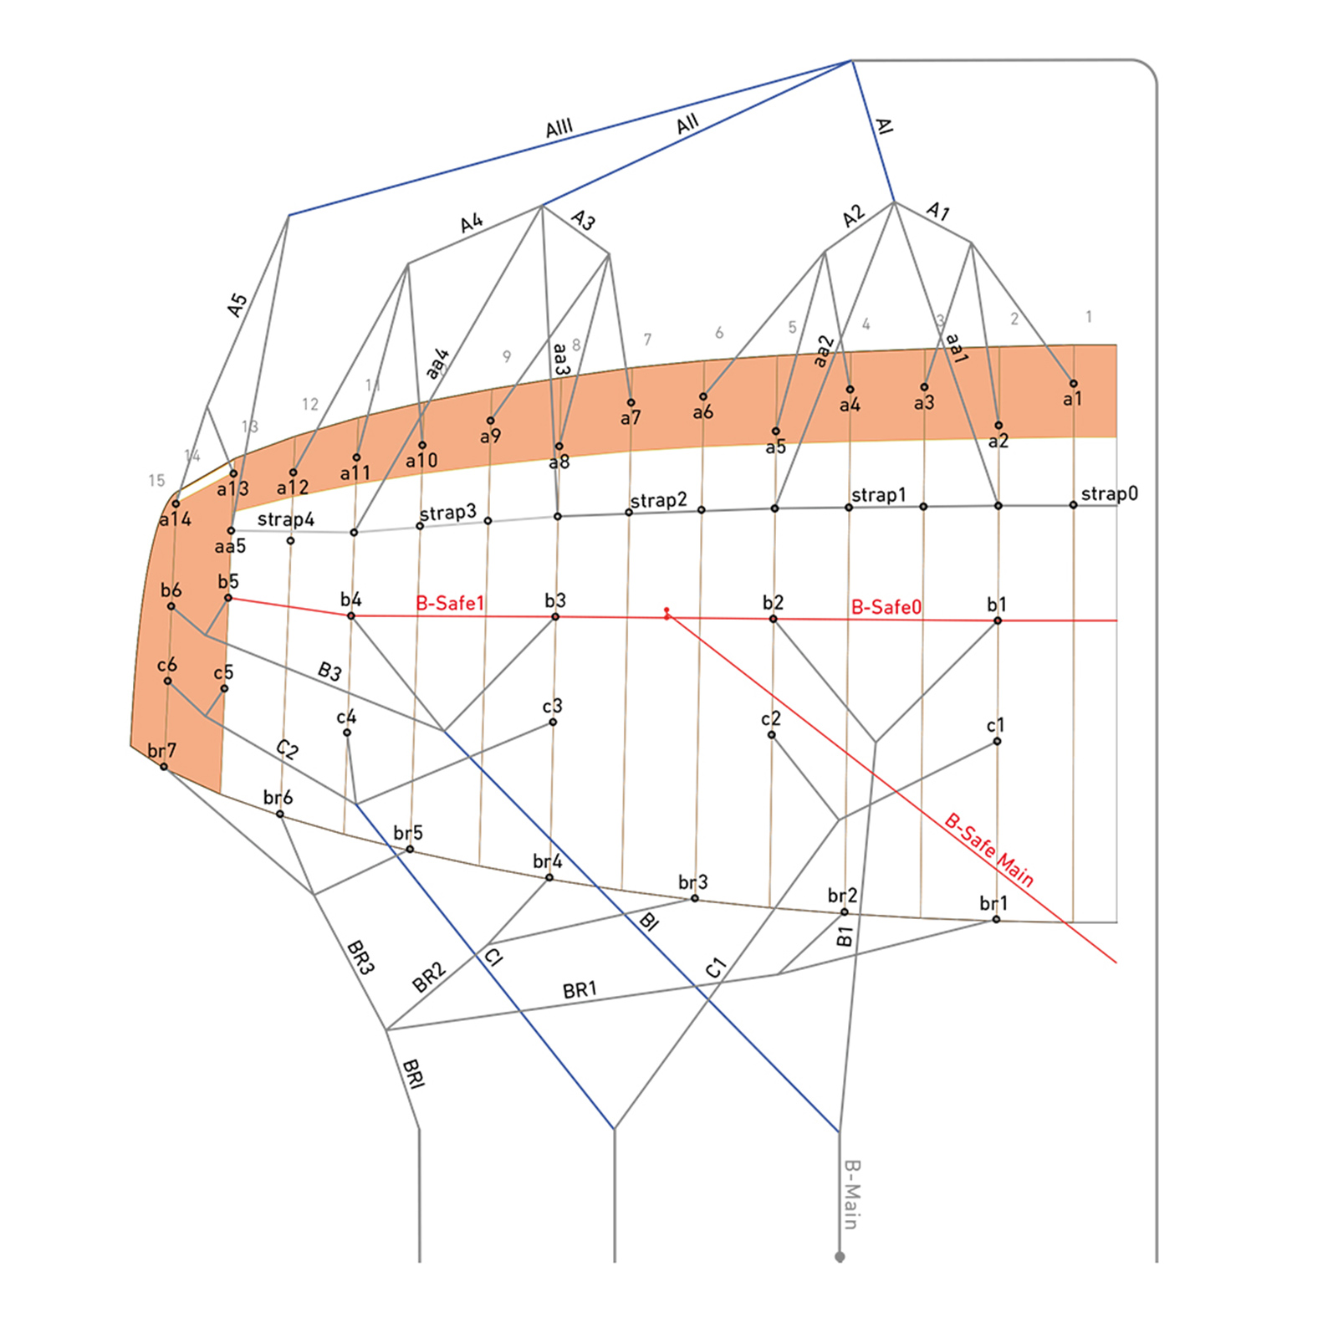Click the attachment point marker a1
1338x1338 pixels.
[x=1074, y=384]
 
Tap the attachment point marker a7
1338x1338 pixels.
[x=631, y=403]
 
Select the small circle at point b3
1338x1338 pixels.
[x=555, y=617]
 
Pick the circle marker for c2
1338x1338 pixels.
[x=772, y=735]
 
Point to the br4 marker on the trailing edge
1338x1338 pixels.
[x=549, y=877]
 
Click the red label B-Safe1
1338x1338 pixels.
[x=450, y=603]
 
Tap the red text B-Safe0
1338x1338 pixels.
[x=886, y=607]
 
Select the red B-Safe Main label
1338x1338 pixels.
[x=990, y=849]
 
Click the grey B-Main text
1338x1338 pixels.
[x=851, y=1194]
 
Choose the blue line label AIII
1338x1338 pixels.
[x=559, y=128]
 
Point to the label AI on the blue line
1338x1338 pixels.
[x=884, y=125]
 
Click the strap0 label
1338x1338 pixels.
[x=1109, y=493]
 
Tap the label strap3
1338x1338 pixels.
[x=447, y=513]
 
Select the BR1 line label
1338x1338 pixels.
[x=580, y=990]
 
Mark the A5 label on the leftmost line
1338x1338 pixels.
[x=237, y=304]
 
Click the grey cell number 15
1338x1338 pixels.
[x=156, y=481]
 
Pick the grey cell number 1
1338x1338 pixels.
[x=1089, y=317]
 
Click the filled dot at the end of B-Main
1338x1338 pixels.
[x=840, y=1257]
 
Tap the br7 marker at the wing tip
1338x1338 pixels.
[x=164, y=767]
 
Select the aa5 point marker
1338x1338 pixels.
[x=232, y=531]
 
